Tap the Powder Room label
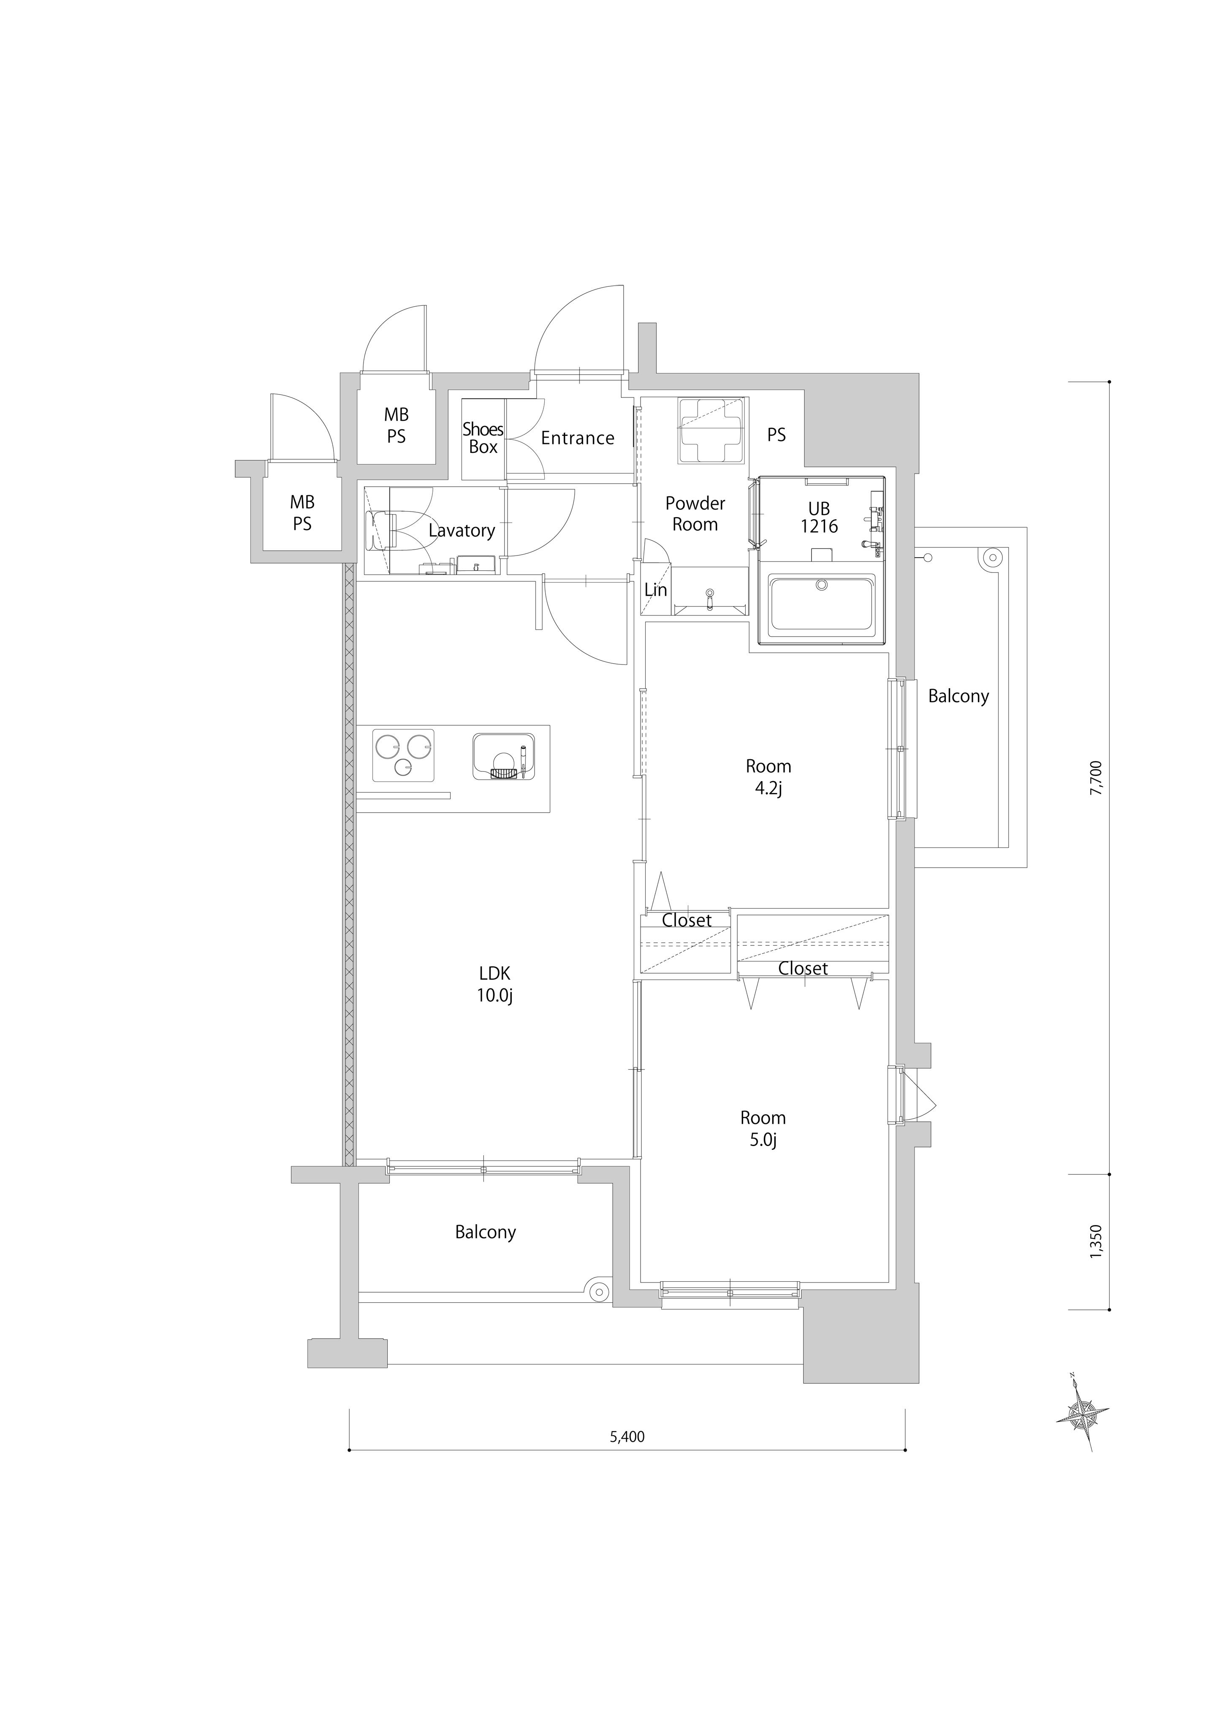[x=695, y=514]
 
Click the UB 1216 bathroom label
[x=819, y=518]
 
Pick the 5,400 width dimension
[x=627, y=1437]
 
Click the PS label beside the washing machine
[x=776, y=435]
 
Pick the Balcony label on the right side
[x=958, y=697]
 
